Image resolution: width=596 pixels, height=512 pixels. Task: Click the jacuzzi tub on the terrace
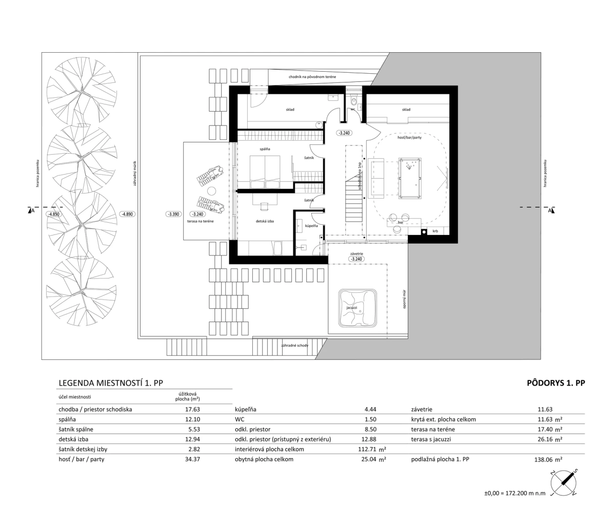[357, 308]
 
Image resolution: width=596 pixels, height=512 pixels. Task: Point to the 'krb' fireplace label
[435, 231]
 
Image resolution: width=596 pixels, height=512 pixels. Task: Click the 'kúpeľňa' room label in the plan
[311, 226]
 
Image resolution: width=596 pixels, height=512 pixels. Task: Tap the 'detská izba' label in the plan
[265, 221]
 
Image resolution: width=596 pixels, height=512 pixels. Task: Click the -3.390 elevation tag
[173, 214]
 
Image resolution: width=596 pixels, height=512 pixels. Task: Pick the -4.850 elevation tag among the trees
[53, 214]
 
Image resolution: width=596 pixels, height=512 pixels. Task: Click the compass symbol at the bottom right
[564, 482]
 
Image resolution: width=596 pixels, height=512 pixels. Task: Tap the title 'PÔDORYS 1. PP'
[555, 383]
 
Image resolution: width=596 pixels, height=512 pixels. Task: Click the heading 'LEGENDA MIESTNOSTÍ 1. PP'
[111, 383]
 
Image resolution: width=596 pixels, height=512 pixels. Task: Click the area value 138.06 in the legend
[544, 460]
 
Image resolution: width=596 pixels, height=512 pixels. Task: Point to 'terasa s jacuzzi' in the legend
[431, 439]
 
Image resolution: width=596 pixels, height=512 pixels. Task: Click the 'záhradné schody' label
[294, 346]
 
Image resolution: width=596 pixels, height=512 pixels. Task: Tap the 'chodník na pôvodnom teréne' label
[312, 77]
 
